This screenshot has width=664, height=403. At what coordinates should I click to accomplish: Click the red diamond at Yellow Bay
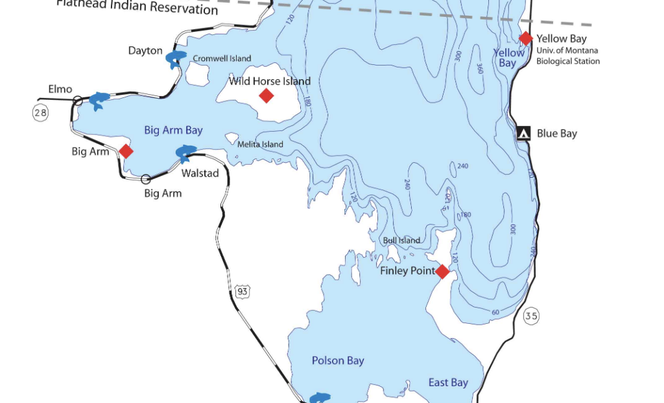[x=525, y=38]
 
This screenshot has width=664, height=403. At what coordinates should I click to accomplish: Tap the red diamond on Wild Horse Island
[x=266, y=96]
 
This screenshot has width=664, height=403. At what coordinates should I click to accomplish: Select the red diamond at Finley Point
[x=442, y=271]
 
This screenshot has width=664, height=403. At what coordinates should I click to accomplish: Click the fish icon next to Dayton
[x=176, y=59]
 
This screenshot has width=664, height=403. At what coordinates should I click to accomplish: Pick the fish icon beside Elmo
[x=99, y=101]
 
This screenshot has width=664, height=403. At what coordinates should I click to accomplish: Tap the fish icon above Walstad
[x=185, y=153]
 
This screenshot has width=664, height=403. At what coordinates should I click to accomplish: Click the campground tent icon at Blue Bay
[x=524, y=133]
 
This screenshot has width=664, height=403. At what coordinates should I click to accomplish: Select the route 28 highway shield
[x=40, y=113]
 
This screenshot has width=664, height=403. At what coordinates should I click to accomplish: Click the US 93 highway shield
[x=242, y=291]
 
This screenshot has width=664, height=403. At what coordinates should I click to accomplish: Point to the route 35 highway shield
[x=531, y=316]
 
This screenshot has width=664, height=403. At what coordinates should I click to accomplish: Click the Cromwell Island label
[x=222, y=58]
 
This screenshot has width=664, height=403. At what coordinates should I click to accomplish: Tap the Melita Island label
[x=260, y=144]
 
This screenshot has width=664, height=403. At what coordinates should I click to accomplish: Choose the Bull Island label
[x=401, y=240]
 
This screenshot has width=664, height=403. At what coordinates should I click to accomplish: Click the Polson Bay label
[x=338, y=361]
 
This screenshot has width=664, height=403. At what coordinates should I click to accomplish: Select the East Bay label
[x=448, y=382]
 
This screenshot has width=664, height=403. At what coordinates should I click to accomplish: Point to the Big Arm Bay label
[x=173, y=130]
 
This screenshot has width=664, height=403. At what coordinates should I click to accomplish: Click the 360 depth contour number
[x=480, y=68]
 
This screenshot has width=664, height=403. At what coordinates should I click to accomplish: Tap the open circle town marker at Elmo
[x=77, y=100]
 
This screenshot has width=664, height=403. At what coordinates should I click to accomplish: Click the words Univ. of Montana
[x=567, y=51]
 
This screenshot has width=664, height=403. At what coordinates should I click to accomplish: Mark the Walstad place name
[x=200, y=173]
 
